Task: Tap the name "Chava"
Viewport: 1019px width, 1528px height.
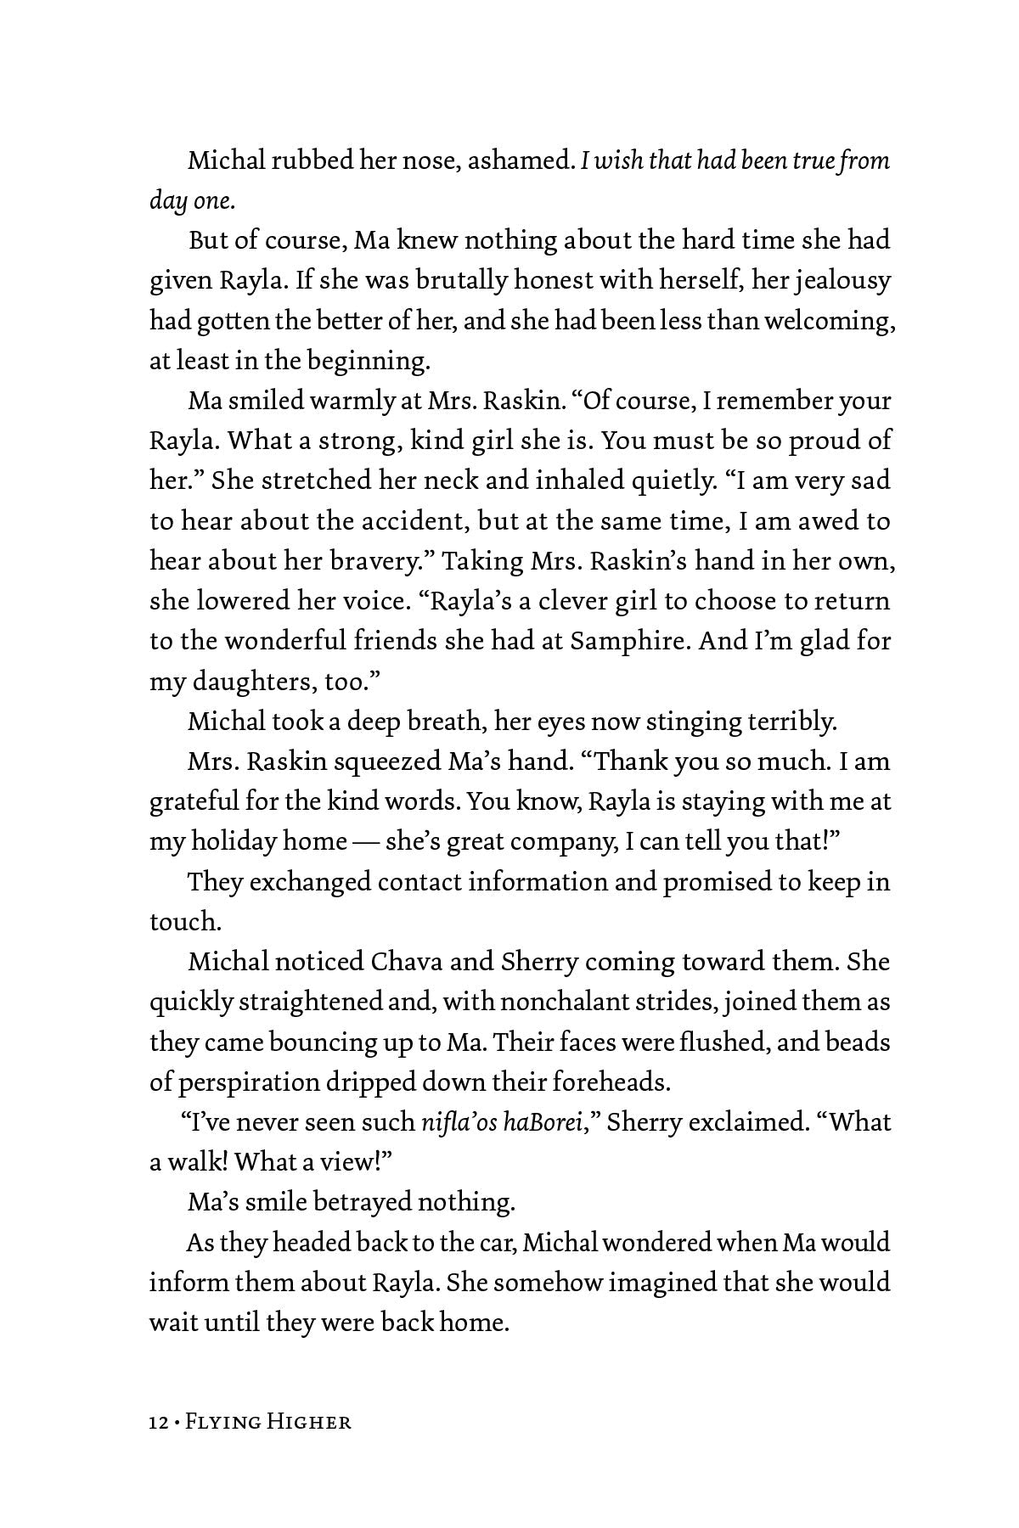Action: pyautogui.click(x=403, y=962)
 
